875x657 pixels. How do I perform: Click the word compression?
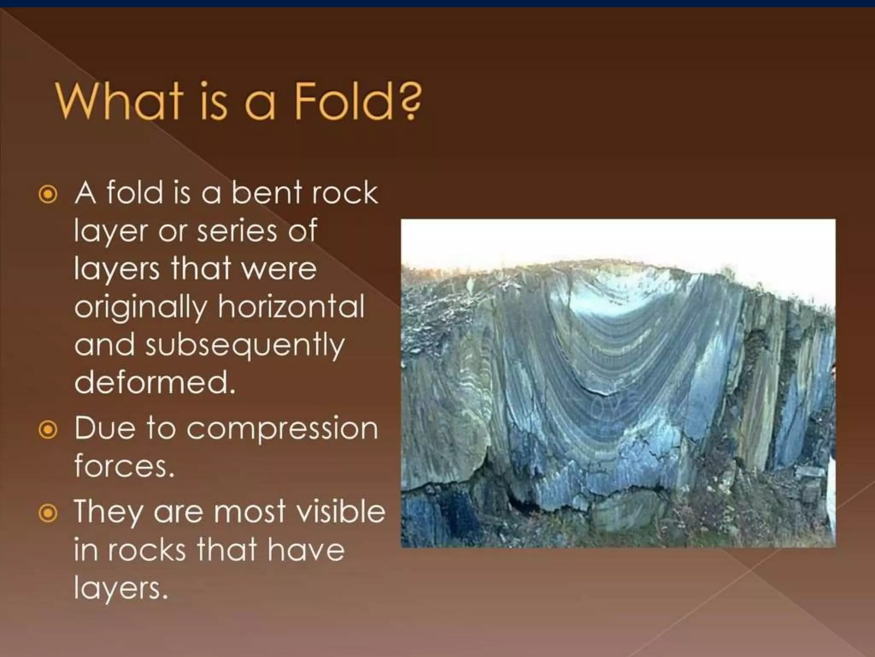282,429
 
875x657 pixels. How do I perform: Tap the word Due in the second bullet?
105,429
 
